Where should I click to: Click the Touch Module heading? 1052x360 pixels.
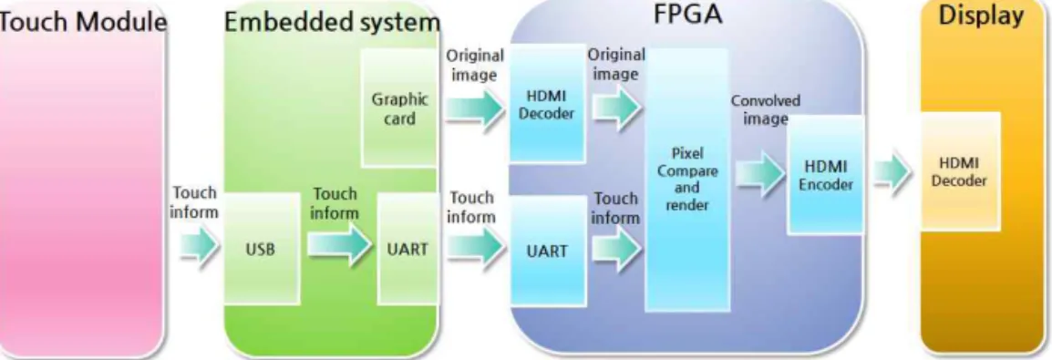pos(83,23)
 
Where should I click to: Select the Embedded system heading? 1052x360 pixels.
pos(332,23)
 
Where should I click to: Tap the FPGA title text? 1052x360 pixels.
pos(687,15)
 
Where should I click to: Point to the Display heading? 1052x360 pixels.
pos(981,16)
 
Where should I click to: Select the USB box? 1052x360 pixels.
pos(260,248)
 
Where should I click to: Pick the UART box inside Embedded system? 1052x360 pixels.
pos(407,249)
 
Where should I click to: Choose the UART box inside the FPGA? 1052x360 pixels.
pos(549,250)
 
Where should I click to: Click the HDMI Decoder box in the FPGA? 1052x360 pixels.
pos(548,103)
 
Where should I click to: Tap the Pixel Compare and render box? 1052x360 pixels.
pos(687,180)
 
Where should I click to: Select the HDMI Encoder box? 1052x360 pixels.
pos(825,174)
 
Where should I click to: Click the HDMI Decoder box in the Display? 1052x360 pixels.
pos(959,171)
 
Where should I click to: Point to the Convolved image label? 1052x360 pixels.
pos(766,109)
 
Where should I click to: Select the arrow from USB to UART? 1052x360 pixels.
pos(340,244)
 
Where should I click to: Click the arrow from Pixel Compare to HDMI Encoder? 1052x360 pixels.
pos(760,172)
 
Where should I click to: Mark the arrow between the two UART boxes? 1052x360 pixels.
pos(476,247)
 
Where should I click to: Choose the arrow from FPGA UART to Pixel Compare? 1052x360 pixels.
pos(617,250)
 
